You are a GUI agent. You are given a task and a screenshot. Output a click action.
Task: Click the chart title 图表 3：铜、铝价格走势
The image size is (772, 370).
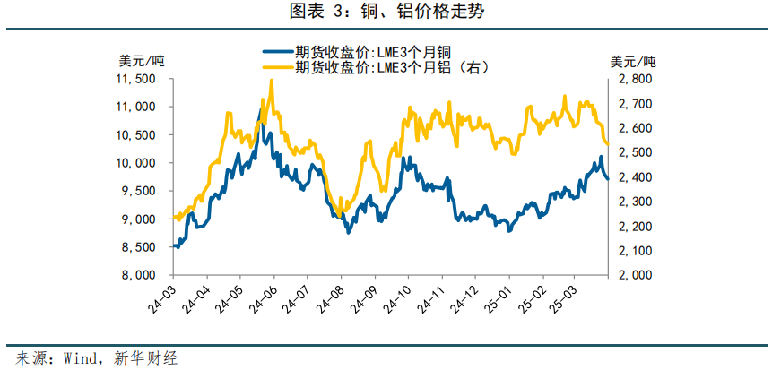coord(386,13)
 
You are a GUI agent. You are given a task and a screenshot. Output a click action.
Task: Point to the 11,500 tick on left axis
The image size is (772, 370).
coord(136,79)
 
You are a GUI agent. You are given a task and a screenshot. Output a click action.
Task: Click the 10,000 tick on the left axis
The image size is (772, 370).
coord(136,163)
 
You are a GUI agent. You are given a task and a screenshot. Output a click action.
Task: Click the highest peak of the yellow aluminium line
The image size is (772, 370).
coord(272,81)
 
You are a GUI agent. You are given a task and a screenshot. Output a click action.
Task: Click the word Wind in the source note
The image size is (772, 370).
coord(82,357)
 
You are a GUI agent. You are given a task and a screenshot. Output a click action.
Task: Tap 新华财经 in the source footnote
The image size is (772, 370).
coord(143,357)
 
